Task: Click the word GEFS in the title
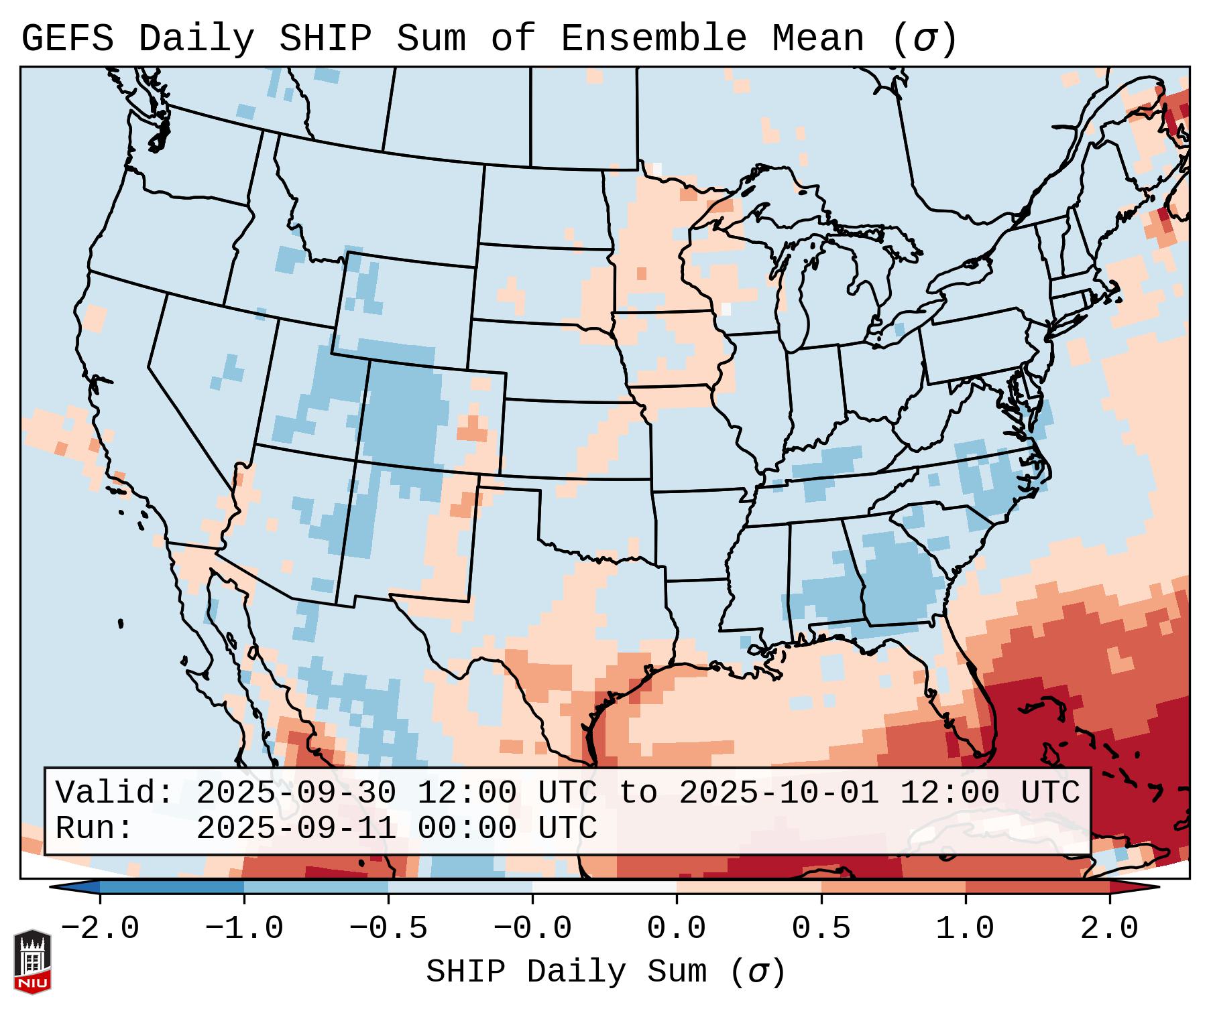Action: point(67,39)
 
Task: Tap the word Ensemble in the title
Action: point(653,39)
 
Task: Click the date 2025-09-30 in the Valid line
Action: point(296,793)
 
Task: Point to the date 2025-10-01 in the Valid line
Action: point(779,793)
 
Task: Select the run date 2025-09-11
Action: point(296,828)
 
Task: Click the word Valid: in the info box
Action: point(114,793)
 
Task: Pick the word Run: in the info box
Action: point(94,828)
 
